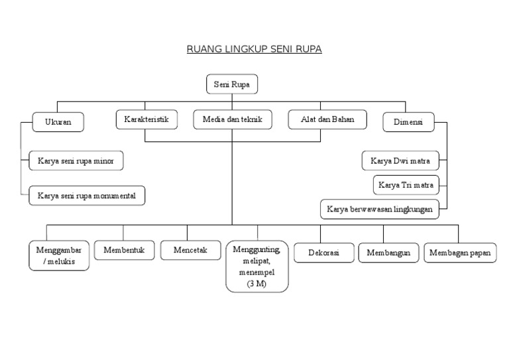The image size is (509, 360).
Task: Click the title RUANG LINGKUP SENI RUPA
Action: [254, 49]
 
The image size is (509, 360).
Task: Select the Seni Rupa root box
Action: [231, 85]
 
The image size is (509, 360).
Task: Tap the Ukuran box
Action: [58, 122]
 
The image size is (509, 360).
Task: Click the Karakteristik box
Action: [146, 120]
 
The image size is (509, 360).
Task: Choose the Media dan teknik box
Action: [232, 120]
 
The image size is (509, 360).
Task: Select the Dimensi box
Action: [408, 122]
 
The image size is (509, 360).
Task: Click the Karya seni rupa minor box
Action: [76, 160]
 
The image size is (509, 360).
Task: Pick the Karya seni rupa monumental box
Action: [87, 196]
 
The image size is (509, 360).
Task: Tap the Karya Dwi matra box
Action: [404, 160]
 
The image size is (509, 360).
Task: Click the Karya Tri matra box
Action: [406, 185]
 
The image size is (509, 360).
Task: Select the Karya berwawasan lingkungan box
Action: [380, 209]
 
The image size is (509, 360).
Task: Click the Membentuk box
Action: [124, 251]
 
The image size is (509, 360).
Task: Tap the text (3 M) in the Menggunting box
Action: [257, 284]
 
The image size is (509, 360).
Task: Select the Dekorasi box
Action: [321, 253]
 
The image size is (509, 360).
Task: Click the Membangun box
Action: [388, 253]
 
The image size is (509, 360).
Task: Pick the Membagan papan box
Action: [460, 253]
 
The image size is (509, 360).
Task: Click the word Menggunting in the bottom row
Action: [257, 250]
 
